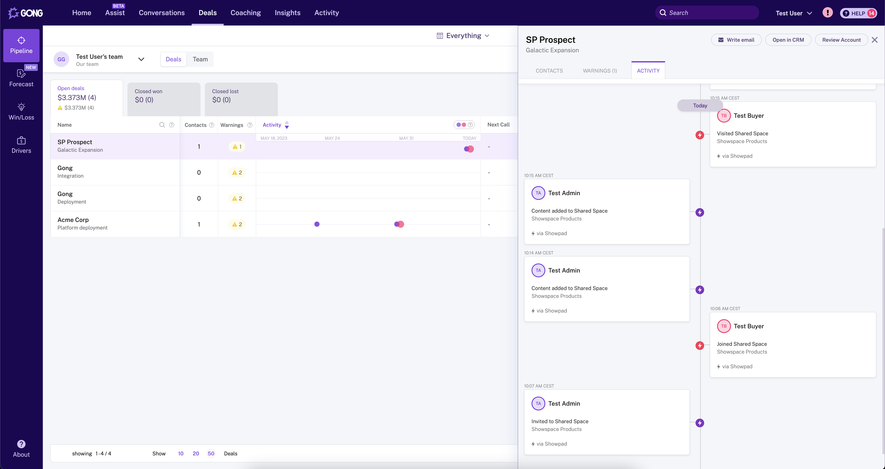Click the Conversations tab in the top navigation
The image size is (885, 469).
point(161,13)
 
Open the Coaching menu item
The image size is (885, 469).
point(245,13)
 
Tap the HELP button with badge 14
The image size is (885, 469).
point(858,13)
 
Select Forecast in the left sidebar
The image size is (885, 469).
point(21,78)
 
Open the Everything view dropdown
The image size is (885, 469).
point(463,36)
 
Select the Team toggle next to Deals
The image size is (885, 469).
point(200,59)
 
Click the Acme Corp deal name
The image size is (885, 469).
point(73,220)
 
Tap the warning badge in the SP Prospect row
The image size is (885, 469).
point(237,147)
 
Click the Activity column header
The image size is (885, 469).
point(272,125)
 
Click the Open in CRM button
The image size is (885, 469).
point(788,40)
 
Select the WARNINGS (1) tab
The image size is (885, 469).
point(600,71)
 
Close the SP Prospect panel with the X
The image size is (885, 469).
point(874,40)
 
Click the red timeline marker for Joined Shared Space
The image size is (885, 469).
point(699,346)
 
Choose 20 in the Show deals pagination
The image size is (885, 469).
point(196,453)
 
